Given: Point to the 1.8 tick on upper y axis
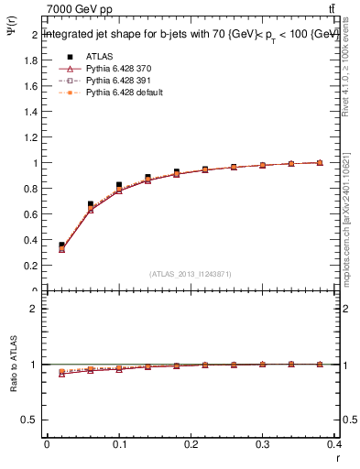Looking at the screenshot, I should point(30,60).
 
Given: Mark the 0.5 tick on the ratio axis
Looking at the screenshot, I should point(30,420).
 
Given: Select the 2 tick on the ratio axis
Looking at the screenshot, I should point(34,309).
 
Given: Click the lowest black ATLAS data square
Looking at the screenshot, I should point(61,245).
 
